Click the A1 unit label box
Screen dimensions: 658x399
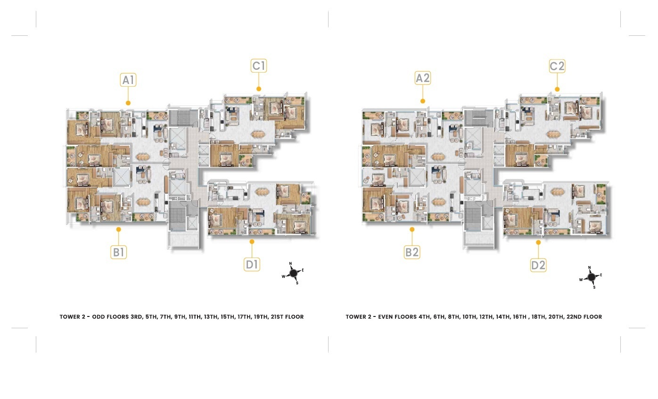[x=128, y=80]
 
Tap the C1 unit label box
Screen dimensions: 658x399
[x=259, y=66]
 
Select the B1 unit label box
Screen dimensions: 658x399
[x=118, y=252]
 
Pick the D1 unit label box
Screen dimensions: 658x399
[x=252, y=264]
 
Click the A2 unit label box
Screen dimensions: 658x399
[x=423, y=78]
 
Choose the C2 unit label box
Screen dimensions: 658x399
[x=557, y=66]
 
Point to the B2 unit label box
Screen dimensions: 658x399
[x=412, y=252]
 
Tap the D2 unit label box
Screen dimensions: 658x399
[x=538, y=265]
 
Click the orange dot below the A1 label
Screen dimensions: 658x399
[x=128, y=103]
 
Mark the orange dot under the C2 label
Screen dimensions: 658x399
[x=557, y=89]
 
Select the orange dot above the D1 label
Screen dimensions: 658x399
[x=252, y=241]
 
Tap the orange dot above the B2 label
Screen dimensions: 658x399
[x=412, y=229]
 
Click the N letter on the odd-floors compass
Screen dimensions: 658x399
[x=290, y=264]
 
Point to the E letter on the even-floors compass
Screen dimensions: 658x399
[x=601, y=275]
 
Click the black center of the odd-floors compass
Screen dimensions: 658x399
[x=294, y=273]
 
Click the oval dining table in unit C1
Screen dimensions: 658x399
[x=258, y=134]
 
